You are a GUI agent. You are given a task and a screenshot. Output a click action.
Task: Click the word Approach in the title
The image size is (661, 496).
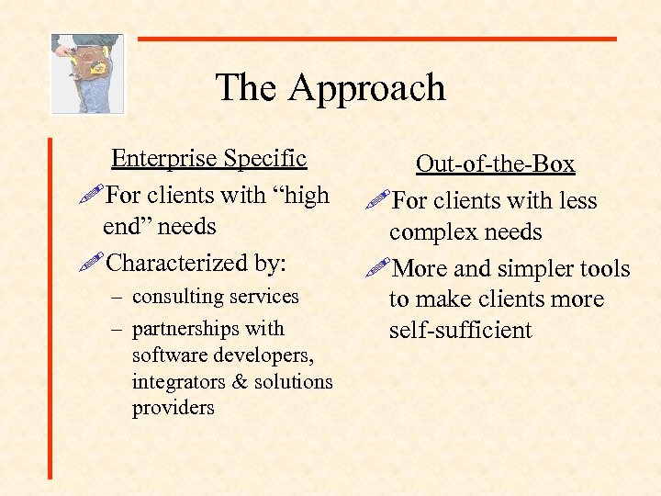(x=366, y=88)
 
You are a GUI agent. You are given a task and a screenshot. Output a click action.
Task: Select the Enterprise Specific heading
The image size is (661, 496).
(x=208, y=159)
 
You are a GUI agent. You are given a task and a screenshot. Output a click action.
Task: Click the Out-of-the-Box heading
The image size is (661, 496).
(x=495, y=164)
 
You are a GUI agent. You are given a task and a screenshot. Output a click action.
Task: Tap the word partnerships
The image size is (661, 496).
(x=185, y=329)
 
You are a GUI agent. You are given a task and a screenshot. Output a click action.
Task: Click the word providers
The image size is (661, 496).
(x=173, y=407)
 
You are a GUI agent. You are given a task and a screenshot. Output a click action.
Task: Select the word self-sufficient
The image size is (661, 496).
(x=460, y=330)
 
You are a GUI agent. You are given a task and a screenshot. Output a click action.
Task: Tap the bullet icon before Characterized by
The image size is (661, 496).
(x=93, y=264)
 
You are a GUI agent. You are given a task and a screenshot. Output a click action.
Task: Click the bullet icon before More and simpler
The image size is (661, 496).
(x=376, y=268)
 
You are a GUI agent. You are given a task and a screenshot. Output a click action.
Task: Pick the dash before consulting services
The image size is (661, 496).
(x=116, y=297)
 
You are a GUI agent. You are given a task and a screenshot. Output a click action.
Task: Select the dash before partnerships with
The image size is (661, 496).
(x=116, y=329)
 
